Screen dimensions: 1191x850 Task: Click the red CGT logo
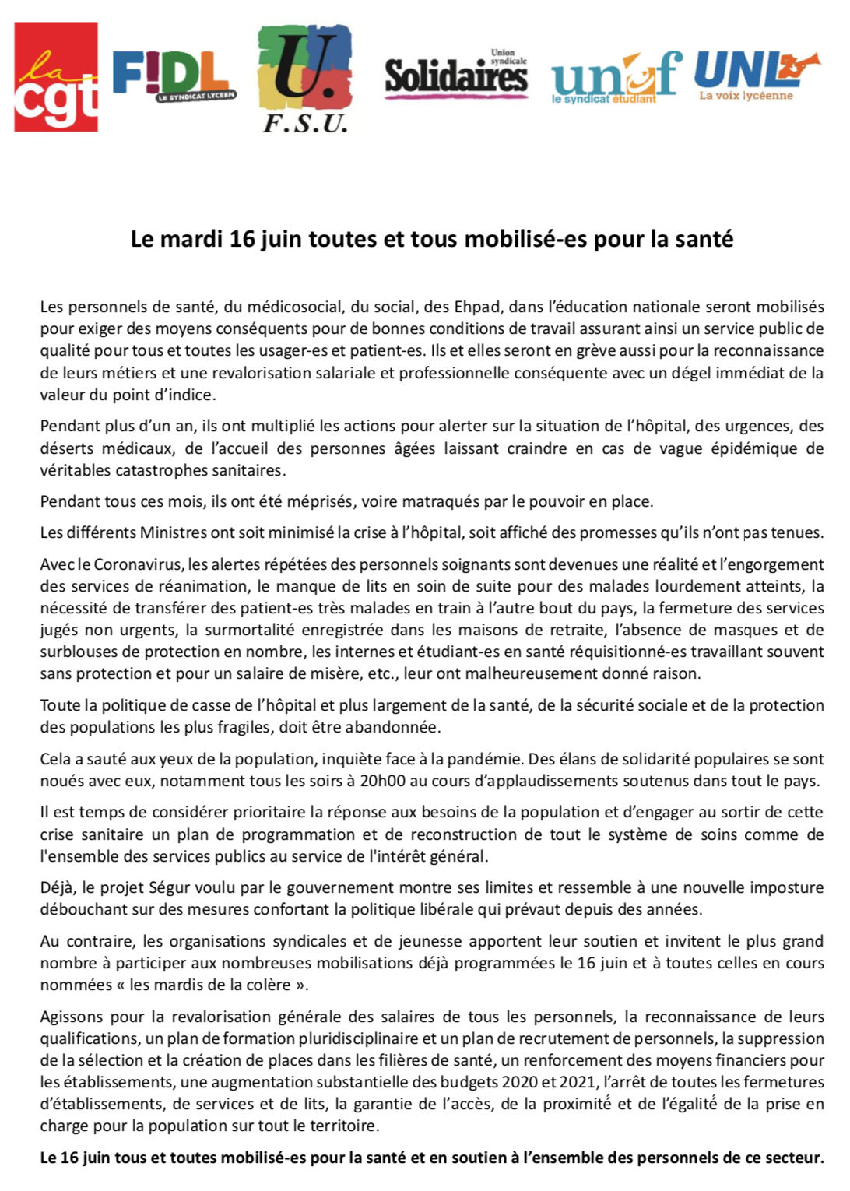point(56,77)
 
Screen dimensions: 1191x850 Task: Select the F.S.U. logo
point(305,78)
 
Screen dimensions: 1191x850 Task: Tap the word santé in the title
point(704,239)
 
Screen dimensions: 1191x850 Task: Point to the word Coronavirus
point(138,564)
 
